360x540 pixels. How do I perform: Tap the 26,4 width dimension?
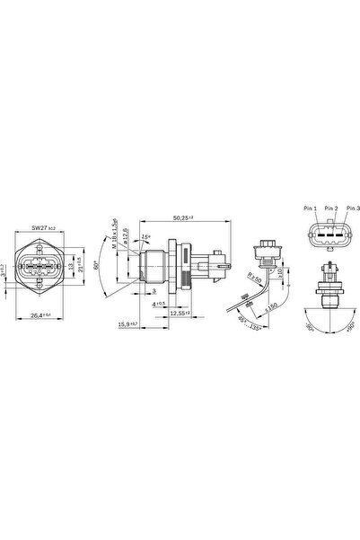[33, 314]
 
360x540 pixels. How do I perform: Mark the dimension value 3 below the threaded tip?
[154, 292]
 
